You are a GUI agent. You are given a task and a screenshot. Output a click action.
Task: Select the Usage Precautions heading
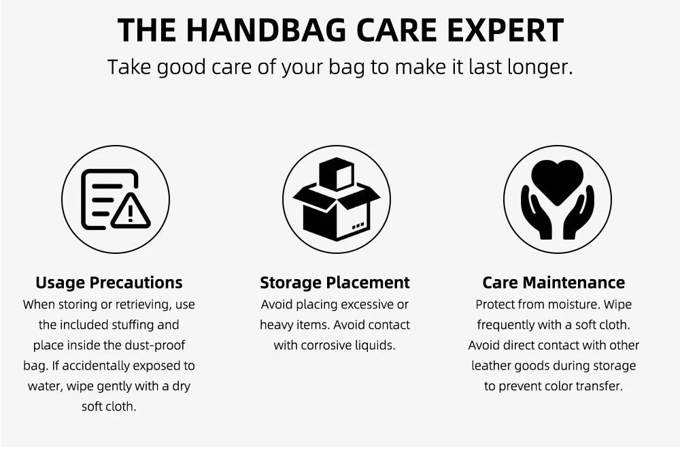pos(109,282)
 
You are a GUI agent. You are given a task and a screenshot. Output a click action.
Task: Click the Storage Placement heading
pos(335,282)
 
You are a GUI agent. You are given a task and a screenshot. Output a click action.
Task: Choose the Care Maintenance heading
pos(554,282)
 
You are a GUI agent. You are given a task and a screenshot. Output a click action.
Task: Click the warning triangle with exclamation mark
pos(131,212)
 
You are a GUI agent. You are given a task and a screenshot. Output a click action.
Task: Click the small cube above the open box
pos(337,174)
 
